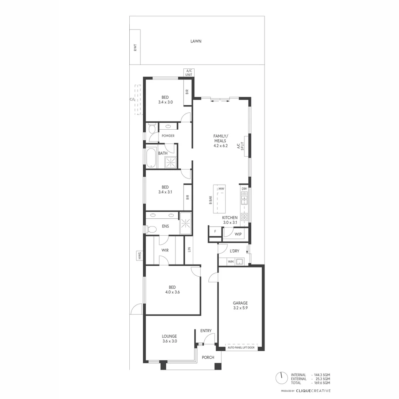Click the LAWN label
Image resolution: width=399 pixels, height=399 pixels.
coord(196,41)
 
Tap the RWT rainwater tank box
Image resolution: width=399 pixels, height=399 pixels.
coord(135,47)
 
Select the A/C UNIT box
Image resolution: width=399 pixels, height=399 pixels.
coord(189,73)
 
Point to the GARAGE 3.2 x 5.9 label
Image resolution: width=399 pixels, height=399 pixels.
coord(240,306)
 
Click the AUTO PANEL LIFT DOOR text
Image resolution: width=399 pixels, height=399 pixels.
coord(240,348)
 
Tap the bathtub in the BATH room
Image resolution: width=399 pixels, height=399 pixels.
coord(150,158)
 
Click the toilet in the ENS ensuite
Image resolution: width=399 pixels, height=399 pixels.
coord(151,229)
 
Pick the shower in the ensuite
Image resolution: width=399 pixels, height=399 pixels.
coord(185,223)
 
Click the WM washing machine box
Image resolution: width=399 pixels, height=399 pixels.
coord(231,262)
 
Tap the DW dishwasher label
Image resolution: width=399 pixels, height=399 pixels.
coord(244,189)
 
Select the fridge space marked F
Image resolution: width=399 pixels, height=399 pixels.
coord(215,232)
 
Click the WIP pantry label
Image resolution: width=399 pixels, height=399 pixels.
coord(238,234)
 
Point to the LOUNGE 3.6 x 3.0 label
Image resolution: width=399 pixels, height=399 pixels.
coord(170,339)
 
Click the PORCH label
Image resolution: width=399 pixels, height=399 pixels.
coord(208,357)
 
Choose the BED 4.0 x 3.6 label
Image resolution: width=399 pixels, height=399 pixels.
coord(172,290)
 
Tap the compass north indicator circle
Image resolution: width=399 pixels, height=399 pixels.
coord(281,378)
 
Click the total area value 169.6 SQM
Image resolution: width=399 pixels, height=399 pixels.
coord(321,383)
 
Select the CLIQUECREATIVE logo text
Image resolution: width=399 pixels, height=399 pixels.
coord(314,391)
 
